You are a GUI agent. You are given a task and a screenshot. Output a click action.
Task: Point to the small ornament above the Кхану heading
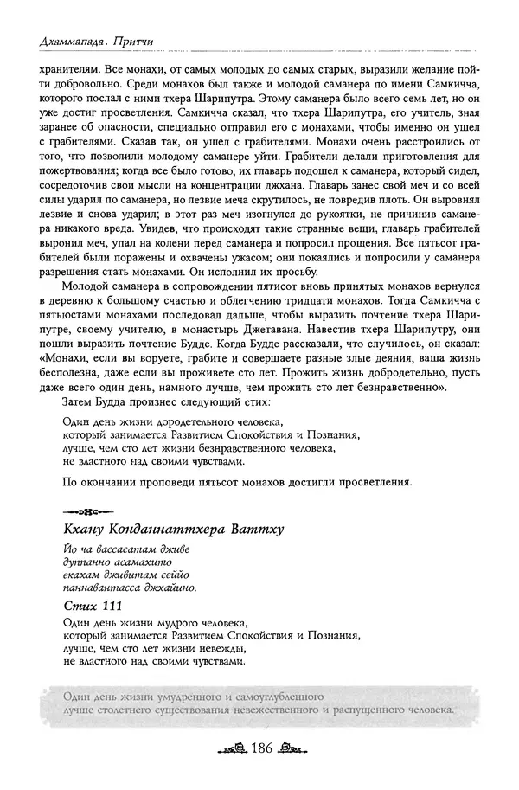pos(85,507)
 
